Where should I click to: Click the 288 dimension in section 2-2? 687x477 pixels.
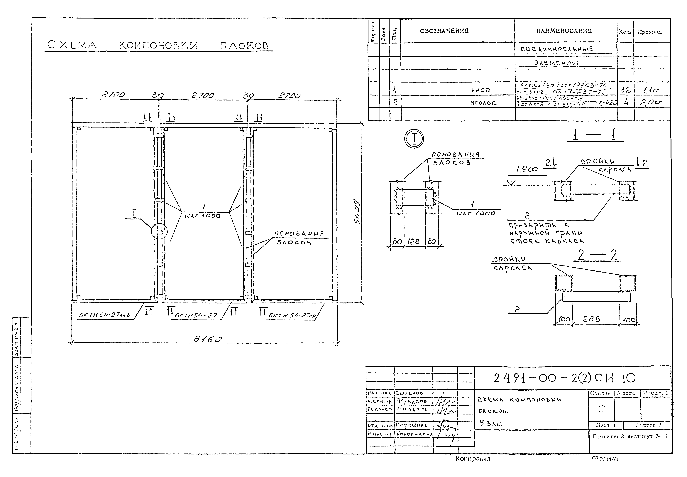591,319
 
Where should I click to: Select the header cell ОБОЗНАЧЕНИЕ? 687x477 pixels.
444,31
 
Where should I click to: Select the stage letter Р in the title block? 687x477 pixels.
601,409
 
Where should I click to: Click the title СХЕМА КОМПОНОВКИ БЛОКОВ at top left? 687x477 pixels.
158,45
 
